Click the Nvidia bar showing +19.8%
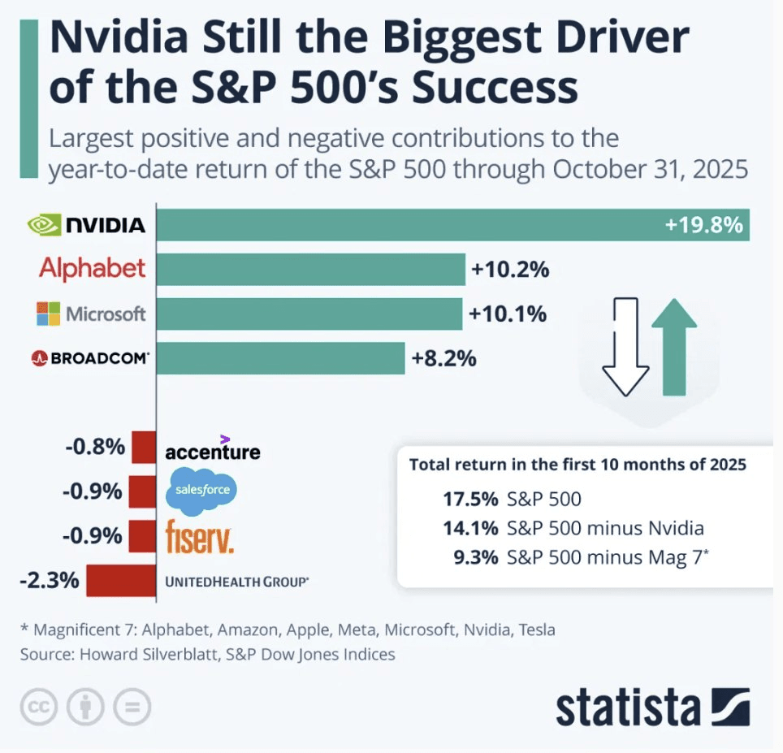452,225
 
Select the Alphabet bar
310,269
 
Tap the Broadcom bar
280,357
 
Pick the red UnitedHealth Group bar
120,580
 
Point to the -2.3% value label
50,580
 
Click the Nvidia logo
86,225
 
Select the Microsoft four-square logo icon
49,314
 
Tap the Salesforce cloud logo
201,491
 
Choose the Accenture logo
213,451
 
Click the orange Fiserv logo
199,536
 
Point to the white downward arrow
625,345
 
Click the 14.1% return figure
470,528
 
